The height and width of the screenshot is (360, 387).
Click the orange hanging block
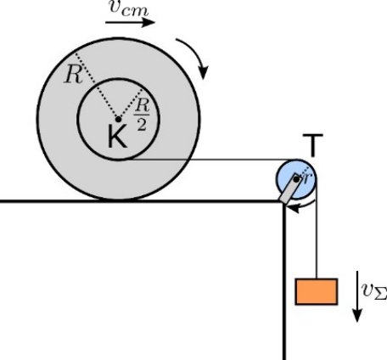coord(317,291)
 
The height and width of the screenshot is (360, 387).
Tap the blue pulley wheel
coord(296,179)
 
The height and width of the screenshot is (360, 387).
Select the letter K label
coord(117,137)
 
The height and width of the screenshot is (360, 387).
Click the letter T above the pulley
coord(313,145)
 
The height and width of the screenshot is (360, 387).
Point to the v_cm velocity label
coord(129,8)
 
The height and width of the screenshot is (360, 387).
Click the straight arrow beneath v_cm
coord(130,22)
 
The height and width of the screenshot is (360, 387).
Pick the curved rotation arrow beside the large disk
coord(193,57)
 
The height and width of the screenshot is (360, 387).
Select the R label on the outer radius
coord(73,75)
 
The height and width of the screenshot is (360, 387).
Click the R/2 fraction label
coord(142,115)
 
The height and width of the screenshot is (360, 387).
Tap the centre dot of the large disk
coord(119,120)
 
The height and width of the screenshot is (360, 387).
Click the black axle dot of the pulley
coord(296,179)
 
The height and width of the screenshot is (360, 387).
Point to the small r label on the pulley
coord(307,177)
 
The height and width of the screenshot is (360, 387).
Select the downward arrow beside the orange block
coord(357,296)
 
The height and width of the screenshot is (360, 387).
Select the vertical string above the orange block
coord(317,228)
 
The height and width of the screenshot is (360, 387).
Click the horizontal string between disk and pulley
coord(215,160)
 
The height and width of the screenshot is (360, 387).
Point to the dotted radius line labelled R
coord(97,87)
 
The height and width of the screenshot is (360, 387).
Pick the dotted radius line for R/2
coord(130,104)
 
